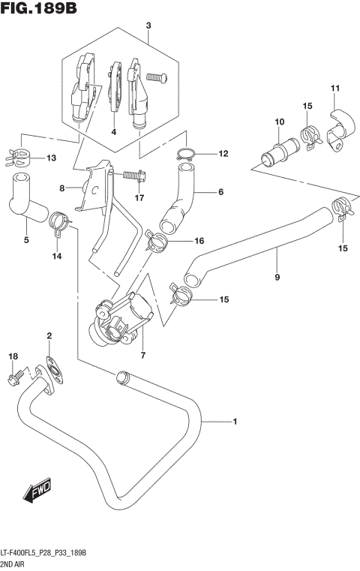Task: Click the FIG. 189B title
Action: pyautogui.click(x=39, y=9)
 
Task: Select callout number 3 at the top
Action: pyautogui.click(x=148, y=26)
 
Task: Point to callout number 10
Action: pyautogui.click(x=279, y=122)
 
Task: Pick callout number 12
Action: pyautogui.click(x=222, y=154)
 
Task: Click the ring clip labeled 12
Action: pyautogui.click(x=186, y=155)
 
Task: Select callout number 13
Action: pyautogui.click(x=51, y=158)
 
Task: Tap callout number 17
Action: pyautogui.click(x=139, y=198)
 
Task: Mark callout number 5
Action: pyautogui.click(x=25, y=240)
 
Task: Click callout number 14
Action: pyautogui.click(x=56, y=257)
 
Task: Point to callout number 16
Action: pyautogui.click(x=199, y=241)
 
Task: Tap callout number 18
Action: pyautogui.click(x=12, y=355)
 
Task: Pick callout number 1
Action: pyautogui.click(x=235, y=422)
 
